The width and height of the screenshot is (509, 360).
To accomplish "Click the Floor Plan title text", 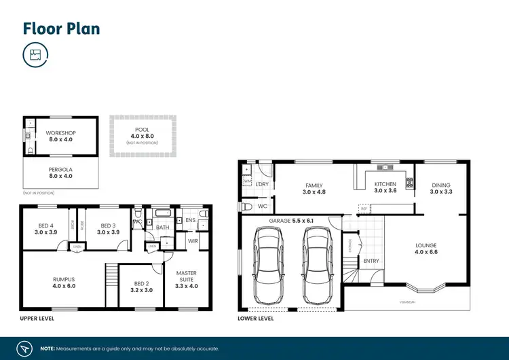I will [62, 29].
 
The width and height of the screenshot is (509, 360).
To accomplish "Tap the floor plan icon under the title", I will [35, 56].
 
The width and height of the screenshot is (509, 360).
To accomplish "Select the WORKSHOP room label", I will [61, 132].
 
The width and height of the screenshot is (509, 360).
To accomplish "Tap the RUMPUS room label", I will [64, 278].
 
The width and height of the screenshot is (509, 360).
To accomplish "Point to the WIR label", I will [193, 241].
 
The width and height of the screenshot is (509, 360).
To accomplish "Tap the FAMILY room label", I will [314, 185].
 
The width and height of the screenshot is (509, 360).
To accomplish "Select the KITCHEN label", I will [385, 184].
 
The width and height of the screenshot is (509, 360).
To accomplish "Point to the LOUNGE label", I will [426, 245].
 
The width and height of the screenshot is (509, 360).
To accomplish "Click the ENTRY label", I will [371, 261].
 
